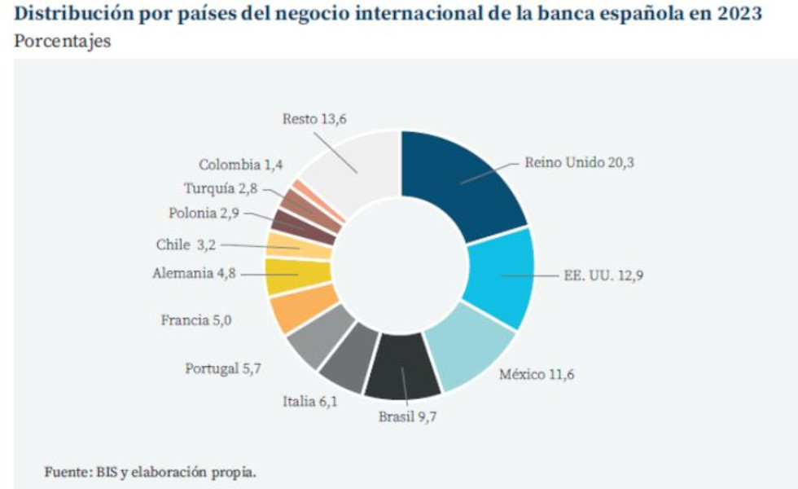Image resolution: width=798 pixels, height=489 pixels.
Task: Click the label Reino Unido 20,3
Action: (578, 162)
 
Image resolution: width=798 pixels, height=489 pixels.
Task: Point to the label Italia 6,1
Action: (309, 400)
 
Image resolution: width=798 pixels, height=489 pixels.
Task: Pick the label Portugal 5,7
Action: (222, 368)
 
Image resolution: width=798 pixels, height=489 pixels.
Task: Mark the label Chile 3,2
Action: (186, 244)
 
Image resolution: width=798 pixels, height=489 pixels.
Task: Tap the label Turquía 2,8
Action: (220, 189)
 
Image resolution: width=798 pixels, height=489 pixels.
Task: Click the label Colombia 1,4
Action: (241, 165)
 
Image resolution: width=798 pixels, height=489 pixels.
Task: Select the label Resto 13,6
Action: (315, 119)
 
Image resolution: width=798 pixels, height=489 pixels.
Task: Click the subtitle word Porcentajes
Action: (63, 42)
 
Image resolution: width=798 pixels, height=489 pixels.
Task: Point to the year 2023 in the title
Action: (735, 14)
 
